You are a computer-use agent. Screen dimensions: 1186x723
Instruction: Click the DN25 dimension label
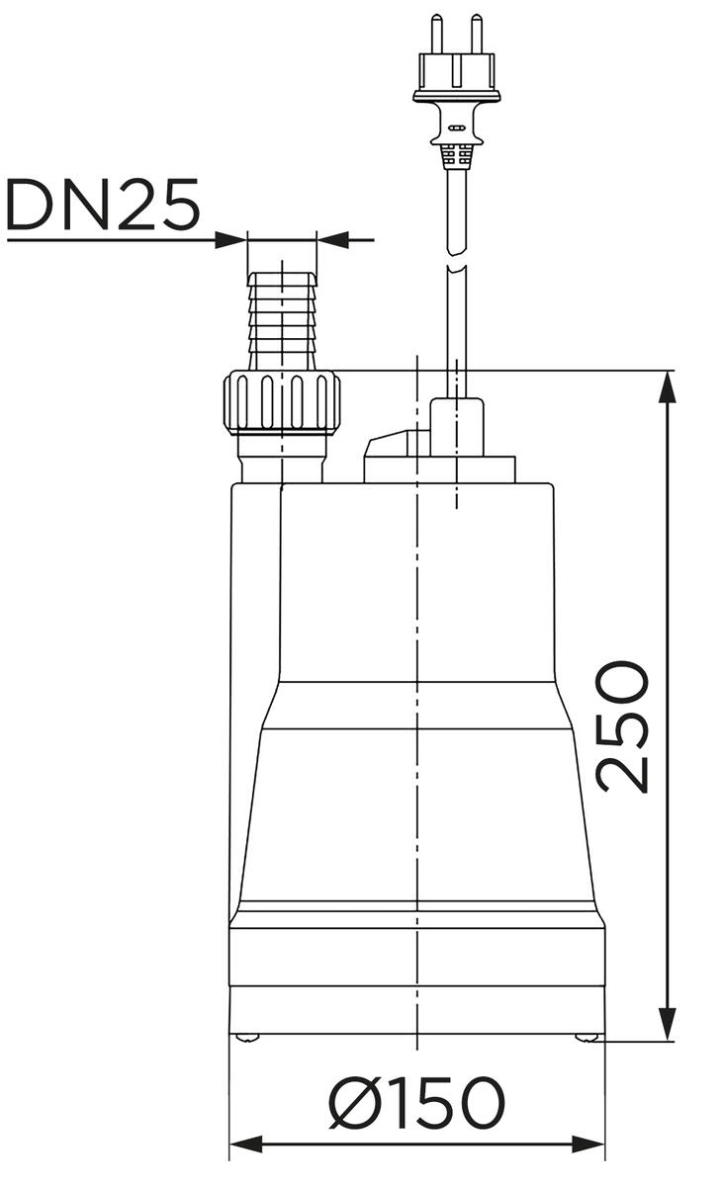[x=103, y=206]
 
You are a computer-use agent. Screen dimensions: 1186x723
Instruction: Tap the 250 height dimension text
[x=624, y=726]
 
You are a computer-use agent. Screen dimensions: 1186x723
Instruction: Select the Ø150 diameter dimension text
[x=416, y=1103]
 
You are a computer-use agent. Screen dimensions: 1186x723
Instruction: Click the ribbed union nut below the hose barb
[x=282, y=402]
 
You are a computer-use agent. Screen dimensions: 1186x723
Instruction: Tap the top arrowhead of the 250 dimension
[x=669, y=387]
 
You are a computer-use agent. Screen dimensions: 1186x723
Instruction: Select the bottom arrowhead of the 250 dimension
[x=669, y=1025]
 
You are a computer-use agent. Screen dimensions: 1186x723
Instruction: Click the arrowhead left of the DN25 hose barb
[x=231, y=239]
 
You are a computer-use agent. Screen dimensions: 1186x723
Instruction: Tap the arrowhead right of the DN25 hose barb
[x=332, y=239]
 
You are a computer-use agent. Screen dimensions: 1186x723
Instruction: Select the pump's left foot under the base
[x=247, y=1037]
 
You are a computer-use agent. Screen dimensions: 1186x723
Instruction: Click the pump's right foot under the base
[x=587, y=1037]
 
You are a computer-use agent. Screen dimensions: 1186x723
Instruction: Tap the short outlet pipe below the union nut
[x=282, y=460]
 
